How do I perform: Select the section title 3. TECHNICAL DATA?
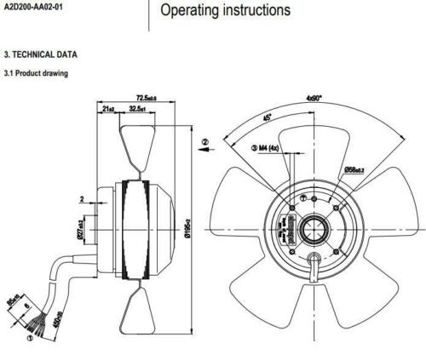40,54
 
